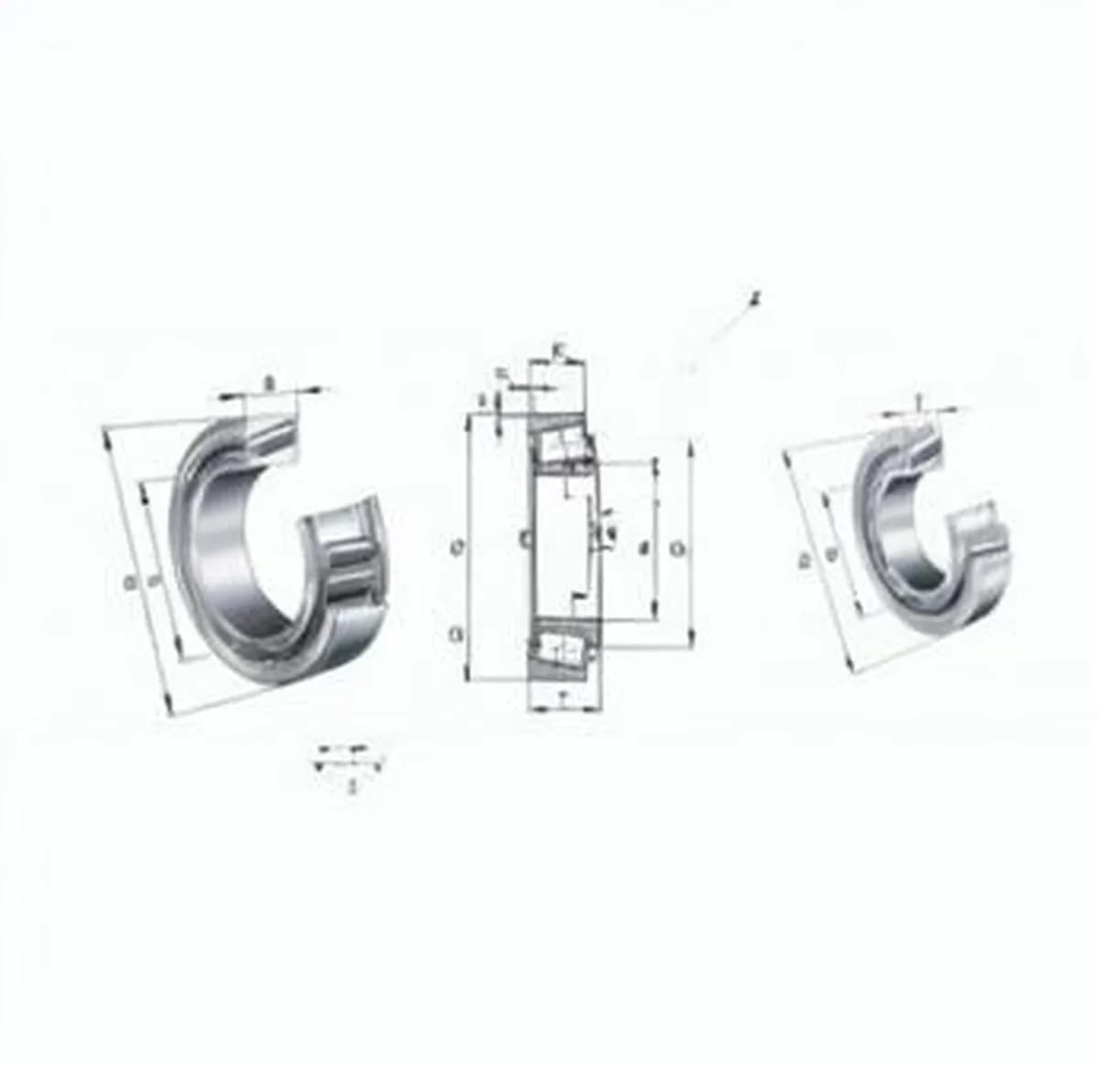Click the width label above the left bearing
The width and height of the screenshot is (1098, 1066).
[268, 382]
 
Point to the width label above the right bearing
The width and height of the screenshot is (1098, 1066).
[918, 399]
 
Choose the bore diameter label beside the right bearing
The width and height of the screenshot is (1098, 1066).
[831, 554]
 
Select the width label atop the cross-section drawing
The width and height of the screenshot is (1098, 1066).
[559, 349]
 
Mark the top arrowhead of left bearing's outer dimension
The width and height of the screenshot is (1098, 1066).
[107, 436]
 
